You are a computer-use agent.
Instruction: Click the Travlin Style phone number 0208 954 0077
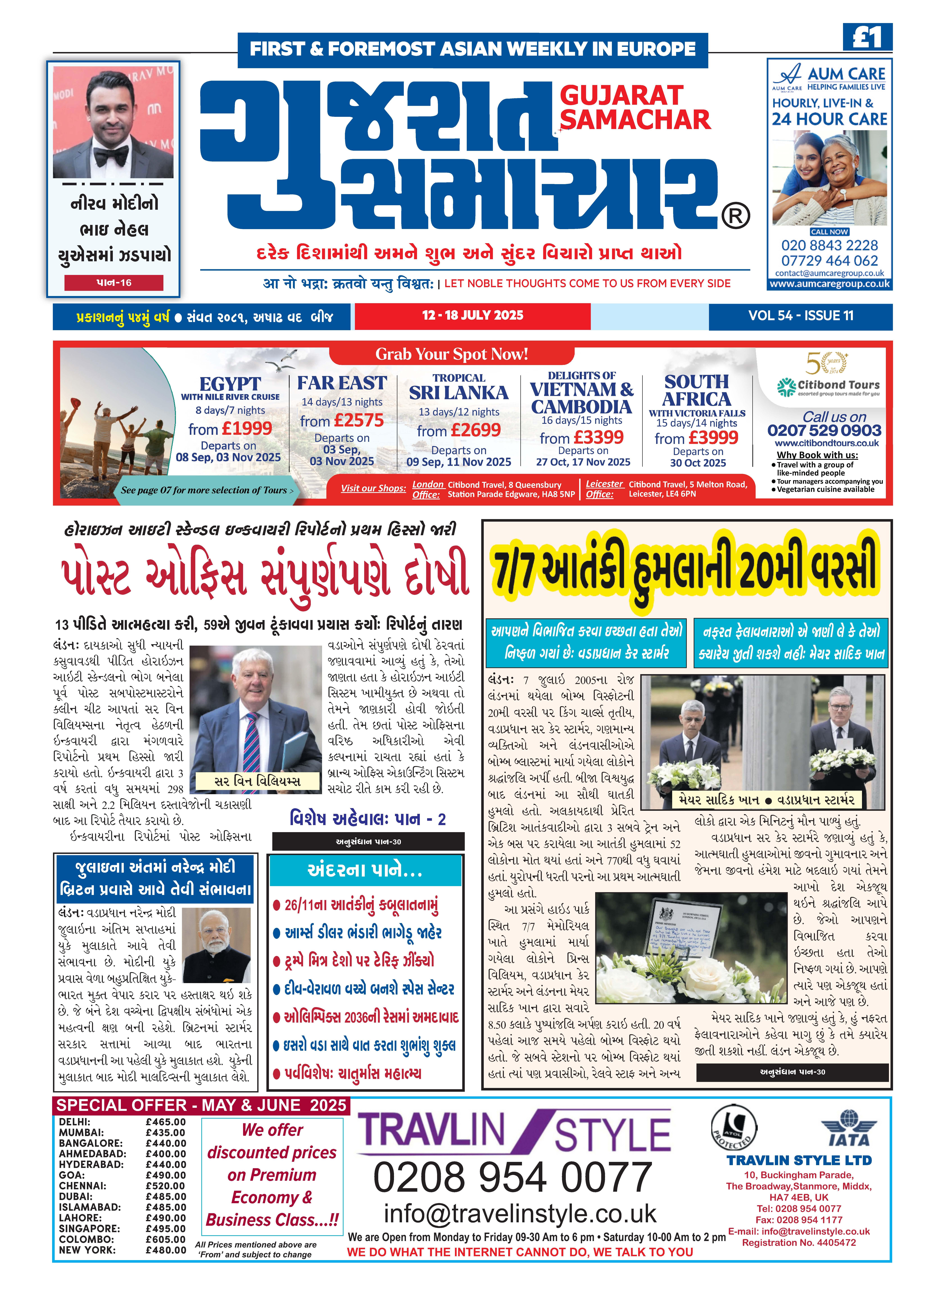pos(513,1178)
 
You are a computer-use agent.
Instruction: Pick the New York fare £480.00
pos(166,1250)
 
